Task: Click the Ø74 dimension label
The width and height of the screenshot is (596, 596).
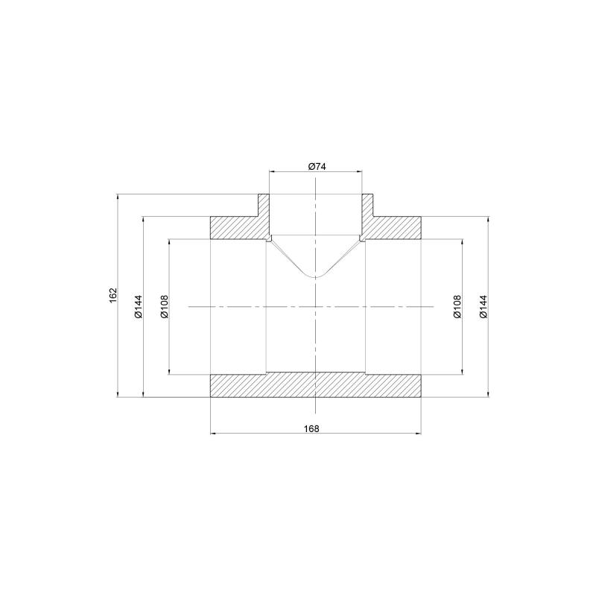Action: [x=317, y=166]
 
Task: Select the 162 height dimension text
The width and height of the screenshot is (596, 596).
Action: [x=113, y=295]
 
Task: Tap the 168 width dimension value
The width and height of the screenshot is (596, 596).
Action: [x=311, y=429]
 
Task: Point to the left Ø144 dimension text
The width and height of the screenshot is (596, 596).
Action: [x=138, y=306]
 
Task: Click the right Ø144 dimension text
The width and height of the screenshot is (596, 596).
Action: [x=483, y=306]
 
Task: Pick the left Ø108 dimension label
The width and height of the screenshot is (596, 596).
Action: [x=164, y=306]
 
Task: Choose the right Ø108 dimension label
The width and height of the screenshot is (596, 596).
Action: [x=457, y=306]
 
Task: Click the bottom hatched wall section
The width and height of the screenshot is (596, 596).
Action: [x=315, y=385]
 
